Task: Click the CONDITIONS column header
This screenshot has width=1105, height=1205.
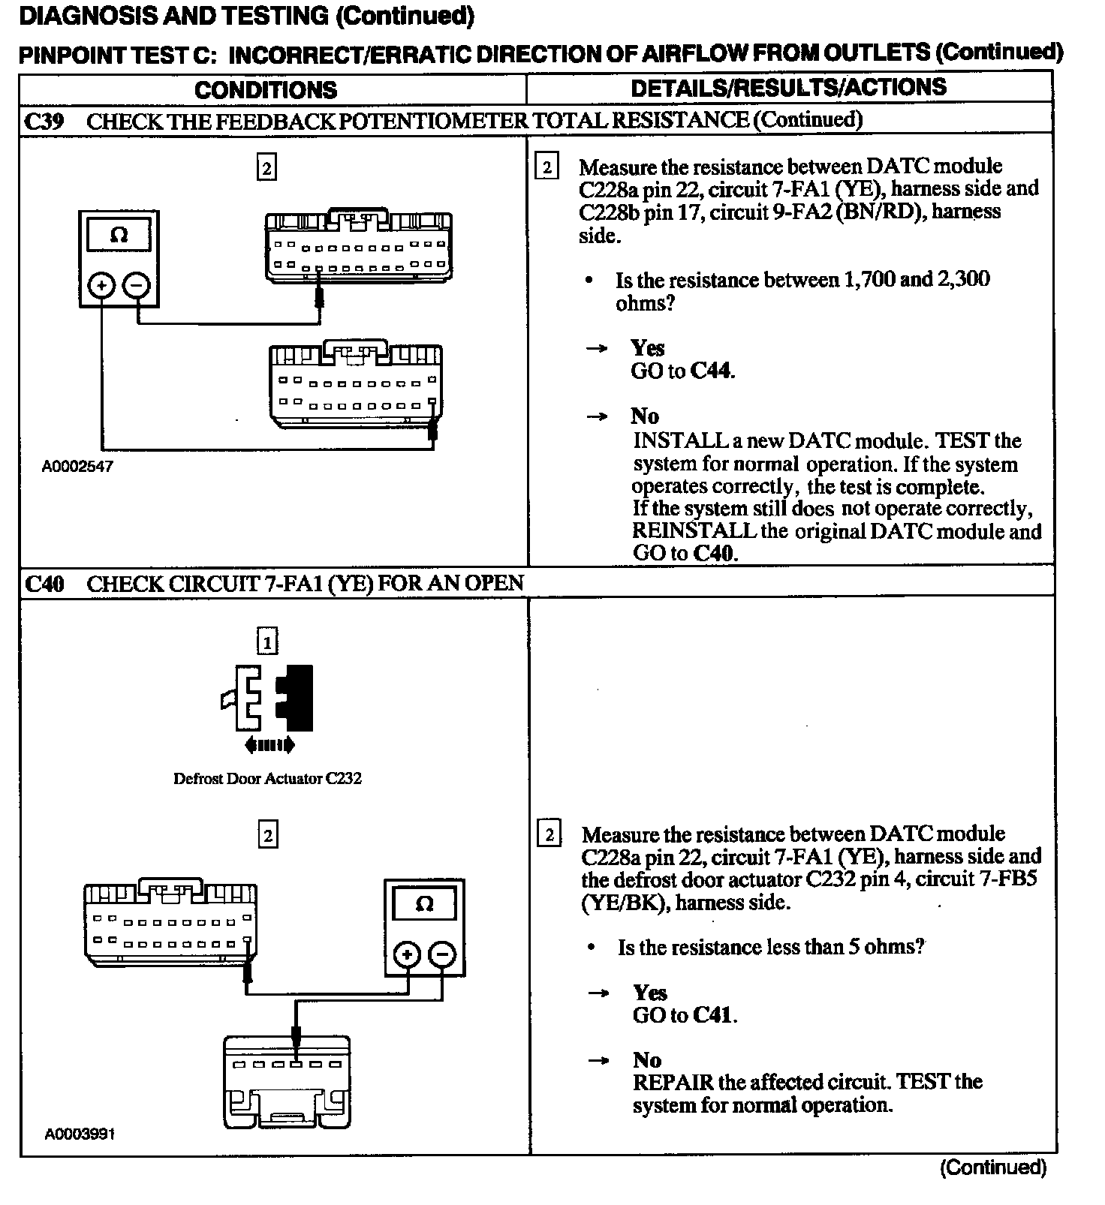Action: click(266, 90)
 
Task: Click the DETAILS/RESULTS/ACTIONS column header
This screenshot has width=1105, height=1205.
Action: click(788, 88)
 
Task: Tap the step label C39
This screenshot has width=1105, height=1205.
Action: click(44, 122)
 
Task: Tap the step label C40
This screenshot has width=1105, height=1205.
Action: click(44, 584)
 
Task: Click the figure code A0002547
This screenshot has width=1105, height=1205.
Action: click(77, 466)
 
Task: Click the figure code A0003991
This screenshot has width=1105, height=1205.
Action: click(80, 1134)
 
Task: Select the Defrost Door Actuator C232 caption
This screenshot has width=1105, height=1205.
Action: click(267, 778)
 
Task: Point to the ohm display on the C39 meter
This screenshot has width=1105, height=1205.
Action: click(119, 236)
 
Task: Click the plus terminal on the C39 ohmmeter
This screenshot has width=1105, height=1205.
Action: click(101, 285)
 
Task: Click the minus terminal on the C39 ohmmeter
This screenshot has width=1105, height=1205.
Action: click(136, 285)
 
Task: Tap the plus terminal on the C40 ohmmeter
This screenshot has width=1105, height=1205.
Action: click(407, 954)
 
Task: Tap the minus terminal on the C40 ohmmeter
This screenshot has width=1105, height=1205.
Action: click(442, 954)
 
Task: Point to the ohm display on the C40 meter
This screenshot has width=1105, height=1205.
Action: click(424, 904)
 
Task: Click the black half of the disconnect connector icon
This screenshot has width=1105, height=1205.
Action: click(297, 698)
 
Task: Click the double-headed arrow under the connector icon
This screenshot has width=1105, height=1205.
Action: click(269, 745)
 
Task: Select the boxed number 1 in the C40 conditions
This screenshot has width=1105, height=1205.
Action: click(267, 642)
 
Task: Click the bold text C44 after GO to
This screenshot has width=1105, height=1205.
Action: click(711, 371)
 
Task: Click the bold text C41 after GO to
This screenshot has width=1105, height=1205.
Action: click(713, 1015)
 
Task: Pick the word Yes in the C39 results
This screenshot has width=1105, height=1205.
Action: click(647, 348)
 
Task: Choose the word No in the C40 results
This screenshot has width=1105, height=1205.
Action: click(647, 1059)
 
